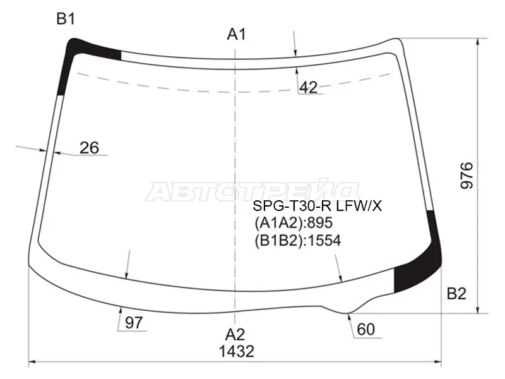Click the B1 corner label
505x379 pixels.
[x=66, y=19]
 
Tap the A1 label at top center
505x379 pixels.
[x=237, y=34]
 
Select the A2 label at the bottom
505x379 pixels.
[x=235, y=335]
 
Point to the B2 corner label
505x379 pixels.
[x=456, y=294]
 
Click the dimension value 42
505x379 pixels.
[x=309, y=87]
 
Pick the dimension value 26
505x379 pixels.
[x=89, y=148]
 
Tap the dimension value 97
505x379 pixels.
[x=134, y=323]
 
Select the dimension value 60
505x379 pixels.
[x=366, y=329]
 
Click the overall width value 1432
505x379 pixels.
[x=237, y=351]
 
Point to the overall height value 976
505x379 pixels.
[x=466, y=176]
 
